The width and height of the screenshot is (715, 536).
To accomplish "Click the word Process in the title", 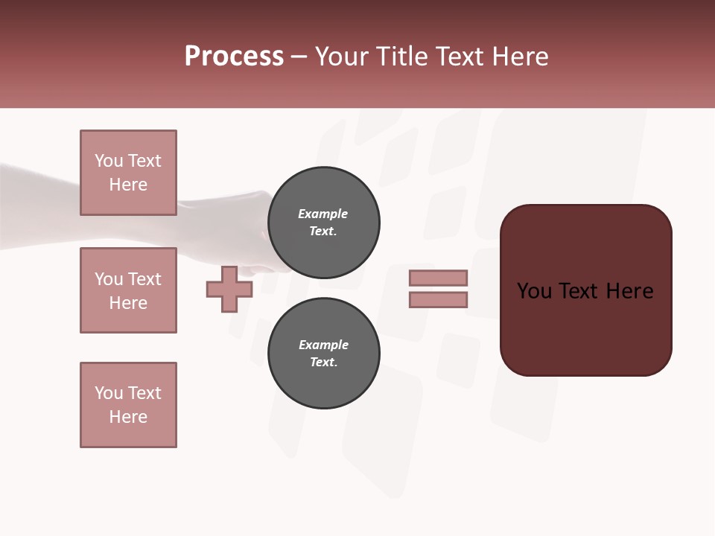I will coord(234,57).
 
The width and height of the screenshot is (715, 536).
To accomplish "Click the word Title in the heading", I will coord(397,57).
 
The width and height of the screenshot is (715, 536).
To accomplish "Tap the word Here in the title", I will coord(519,57).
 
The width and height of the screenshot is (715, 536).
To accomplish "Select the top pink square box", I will coord(128,173).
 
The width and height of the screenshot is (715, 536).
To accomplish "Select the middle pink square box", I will coord(128,290).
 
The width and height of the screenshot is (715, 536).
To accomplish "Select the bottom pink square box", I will coord(128,405).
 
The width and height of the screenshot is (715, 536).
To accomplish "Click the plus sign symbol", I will coord(229,290).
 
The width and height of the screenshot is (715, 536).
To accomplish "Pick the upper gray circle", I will coord(323,223).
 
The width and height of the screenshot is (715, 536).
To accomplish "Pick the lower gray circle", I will coord(323,354).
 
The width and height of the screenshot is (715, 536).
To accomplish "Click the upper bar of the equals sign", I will coord(438,278).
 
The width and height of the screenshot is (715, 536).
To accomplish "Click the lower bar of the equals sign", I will coord(438,300).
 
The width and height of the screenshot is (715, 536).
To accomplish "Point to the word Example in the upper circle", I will coord(323,214).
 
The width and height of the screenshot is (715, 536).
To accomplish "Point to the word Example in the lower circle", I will coord(323,345).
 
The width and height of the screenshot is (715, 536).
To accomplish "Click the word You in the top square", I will coord(108,161).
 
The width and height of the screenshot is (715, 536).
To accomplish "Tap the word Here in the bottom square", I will coord(128,417).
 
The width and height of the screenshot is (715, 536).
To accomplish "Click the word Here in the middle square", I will coord(128,303).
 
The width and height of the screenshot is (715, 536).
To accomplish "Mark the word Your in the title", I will coord(341,57).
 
